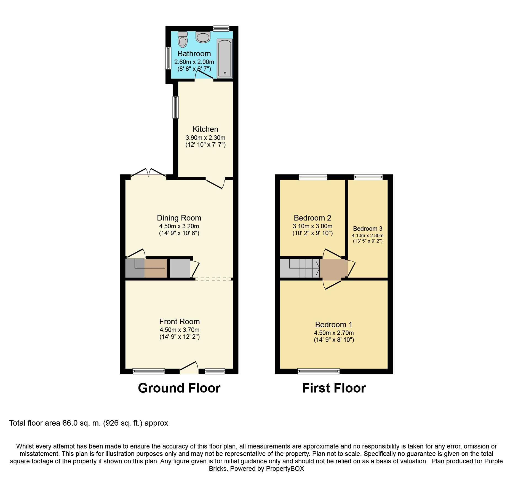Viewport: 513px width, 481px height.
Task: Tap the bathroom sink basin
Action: click(203, 37)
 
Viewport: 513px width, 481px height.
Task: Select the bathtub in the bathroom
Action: click(225, 58)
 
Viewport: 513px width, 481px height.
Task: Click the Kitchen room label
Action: click(205, 129)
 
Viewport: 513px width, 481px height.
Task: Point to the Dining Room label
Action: click(179, 218)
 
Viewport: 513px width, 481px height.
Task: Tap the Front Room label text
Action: click(180, 322)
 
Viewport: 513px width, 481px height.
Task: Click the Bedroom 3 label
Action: click(368, 229)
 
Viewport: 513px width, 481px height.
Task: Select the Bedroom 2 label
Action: click(312, 218)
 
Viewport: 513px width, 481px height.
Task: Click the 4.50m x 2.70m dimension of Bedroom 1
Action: click(334, 333)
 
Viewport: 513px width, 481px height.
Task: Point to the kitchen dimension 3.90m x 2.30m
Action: click(205, 138)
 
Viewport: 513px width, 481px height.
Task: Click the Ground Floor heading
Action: click(179, 388)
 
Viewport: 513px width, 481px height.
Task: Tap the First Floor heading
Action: click(334, 388)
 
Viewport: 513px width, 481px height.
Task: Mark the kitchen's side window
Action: click(175, 107)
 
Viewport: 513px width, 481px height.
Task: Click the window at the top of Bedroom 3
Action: click(368, 177)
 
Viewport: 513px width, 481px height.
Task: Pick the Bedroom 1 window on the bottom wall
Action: click(319, 371)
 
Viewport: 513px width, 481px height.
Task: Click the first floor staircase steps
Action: click(300, 268)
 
